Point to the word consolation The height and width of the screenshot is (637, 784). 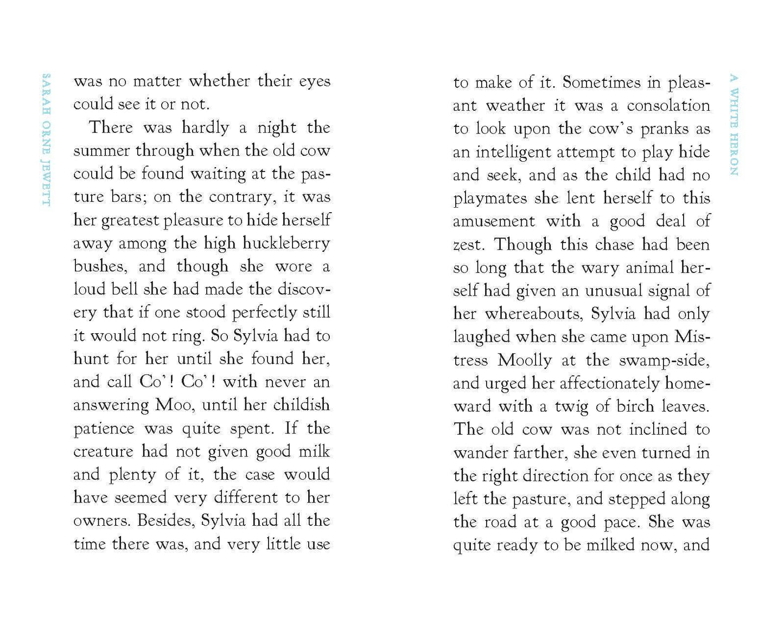[x=668, y=105]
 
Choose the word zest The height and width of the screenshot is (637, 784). [x=467, y=245]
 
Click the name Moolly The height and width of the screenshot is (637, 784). [x=525, y=360]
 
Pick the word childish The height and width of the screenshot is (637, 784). [x=301, y=405]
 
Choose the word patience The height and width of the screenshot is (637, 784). [x=104, y=429]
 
